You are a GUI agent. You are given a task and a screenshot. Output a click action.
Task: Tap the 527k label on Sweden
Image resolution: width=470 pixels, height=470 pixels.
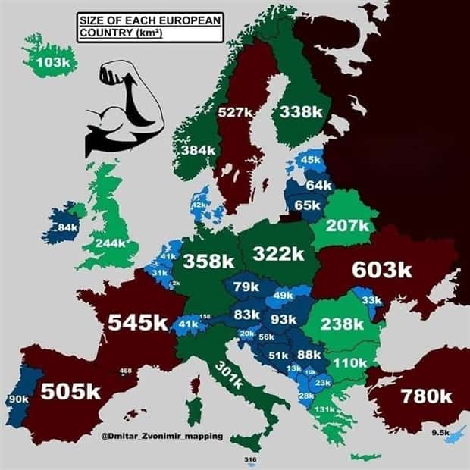click(x=234, y=112)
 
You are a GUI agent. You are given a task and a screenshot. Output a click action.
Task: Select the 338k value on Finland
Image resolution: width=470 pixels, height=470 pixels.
click(x=301, y=111)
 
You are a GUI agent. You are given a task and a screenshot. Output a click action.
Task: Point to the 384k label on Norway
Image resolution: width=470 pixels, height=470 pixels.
click(x=199, y=150)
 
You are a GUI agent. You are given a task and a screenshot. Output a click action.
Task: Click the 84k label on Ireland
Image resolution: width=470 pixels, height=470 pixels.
click(x=68, y=227)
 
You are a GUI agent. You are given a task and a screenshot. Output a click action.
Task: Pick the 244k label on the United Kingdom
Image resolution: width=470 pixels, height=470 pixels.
click(x=111, y=244)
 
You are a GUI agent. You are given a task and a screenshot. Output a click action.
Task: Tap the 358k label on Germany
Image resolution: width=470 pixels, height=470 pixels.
click(x=208, y=261)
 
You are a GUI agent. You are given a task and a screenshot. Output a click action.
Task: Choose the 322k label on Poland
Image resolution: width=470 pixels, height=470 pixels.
click(x=278, y=253)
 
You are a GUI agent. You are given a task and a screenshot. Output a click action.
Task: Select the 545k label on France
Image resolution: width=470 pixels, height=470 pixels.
click(x=137, y=322)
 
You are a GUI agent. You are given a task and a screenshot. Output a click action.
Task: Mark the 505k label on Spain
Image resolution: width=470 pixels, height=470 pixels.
click(x=70, y=391)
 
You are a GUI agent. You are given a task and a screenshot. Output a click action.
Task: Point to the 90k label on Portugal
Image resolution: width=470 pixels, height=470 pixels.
click(x=17, y=399)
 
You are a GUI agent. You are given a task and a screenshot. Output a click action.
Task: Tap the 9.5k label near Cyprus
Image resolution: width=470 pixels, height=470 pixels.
click(x=440, y=432)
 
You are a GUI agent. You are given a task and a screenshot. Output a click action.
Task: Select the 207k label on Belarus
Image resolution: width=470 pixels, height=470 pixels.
click(x=346, y=225)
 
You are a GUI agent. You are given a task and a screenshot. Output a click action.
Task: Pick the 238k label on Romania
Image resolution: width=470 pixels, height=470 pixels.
click(x=343, y=324)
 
